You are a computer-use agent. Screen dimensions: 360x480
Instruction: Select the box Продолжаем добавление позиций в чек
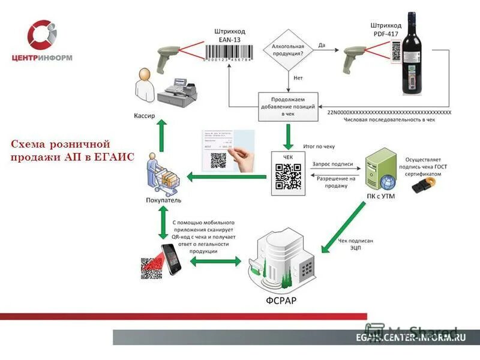[287, 106]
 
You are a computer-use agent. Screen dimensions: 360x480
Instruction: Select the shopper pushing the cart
[159, 173]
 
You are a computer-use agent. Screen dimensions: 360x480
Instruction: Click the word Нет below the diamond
[298, 78]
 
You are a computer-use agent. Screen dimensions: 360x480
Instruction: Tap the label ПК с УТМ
[381, 196]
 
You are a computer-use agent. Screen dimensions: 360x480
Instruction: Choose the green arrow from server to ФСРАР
[343, 227]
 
